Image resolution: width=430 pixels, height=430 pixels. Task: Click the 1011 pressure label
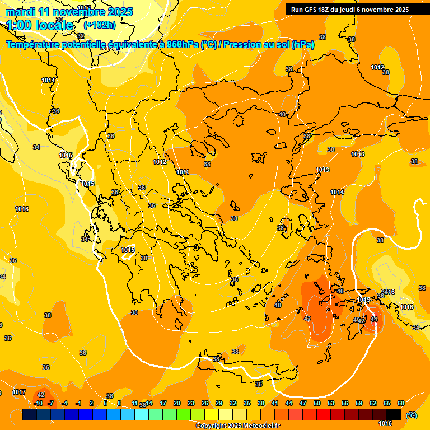pyautogui.click(x=183, y=172)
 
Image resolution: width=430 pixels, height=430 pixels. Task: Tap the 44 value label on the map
pyautogui.click(x=373, y=319)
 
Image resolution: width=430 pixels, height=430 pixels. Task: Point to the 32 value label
pyautogui.click(x=81, y=52)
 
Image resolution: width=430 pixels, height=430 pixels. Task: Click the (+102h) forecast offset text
pyautogui.click(x=99, y=25)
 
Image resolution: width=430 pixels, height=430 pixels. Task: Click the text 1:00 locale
pyautogui.click(x=40, y=25)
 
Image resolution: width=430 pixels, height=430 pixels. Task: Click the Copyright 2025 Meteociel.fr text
pyautogui.click(x=238, y=426)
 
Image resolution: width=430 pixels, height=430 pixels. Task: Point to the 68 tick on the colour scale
pyautogui.click(x=401, y=403)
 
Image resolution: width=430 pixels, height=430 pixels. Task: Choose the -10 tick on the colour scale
pyautogui.click(x=38, y=403)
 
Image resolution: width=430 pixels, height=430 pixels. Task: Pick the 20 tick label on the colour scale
pyautogui.click(x=177, y=403)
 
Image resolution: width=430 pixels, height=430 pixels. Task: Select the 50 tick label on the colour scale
pyautogui.click(x=317, y=403)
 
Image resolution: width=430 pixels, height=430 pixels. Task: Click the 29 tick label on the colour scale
pyautogui.click(x=219, y=403)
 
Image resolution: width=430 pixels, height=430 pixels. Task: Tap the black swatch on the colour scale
pyautogui.click(x=394, y=414)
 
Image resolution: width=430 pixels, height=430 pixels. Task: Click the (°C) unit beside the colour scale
pyautogui.click(x=411, y=415)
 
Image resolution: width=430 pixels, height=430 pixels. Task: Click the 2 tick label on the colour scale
pyautogui.click(x=91, y=403)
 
